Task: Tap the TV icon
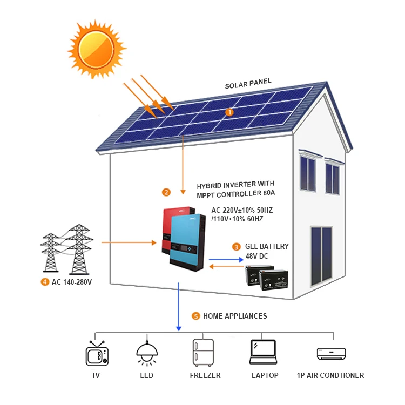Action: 97,354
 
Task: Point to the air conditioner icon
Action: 330,353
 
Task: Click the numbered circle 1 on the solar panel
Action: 229,112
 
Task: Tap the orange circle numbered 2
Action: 166,192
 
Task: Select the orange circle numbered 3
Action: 237,247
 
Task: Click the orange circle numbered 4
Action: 44,281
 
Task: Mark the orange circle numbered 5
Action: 195,316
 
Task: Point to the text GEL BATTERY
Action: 267,246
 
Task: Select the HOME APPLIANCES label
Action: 235,316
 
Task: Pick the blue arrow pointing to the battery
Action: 227,259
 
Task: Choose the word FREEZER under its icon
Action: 205,375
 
